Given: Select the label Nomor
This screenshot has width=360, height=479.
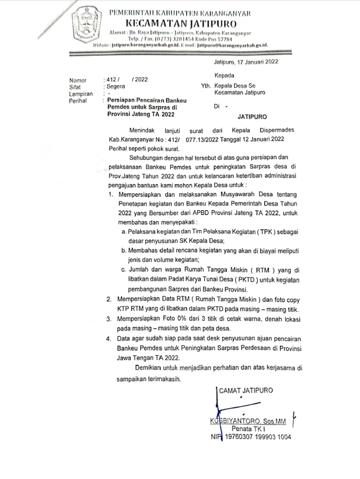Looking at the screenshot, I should tap(78, 80).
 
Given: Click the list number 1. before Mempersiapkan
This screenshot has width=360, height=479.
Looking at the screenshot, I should tap(111, 194).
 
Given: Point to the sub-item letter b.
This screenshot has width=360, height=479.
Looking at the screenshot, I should tap(124, 251).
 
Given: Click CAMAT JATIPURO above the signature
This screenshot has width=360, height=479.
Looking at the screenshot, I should tap(245, 390).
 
